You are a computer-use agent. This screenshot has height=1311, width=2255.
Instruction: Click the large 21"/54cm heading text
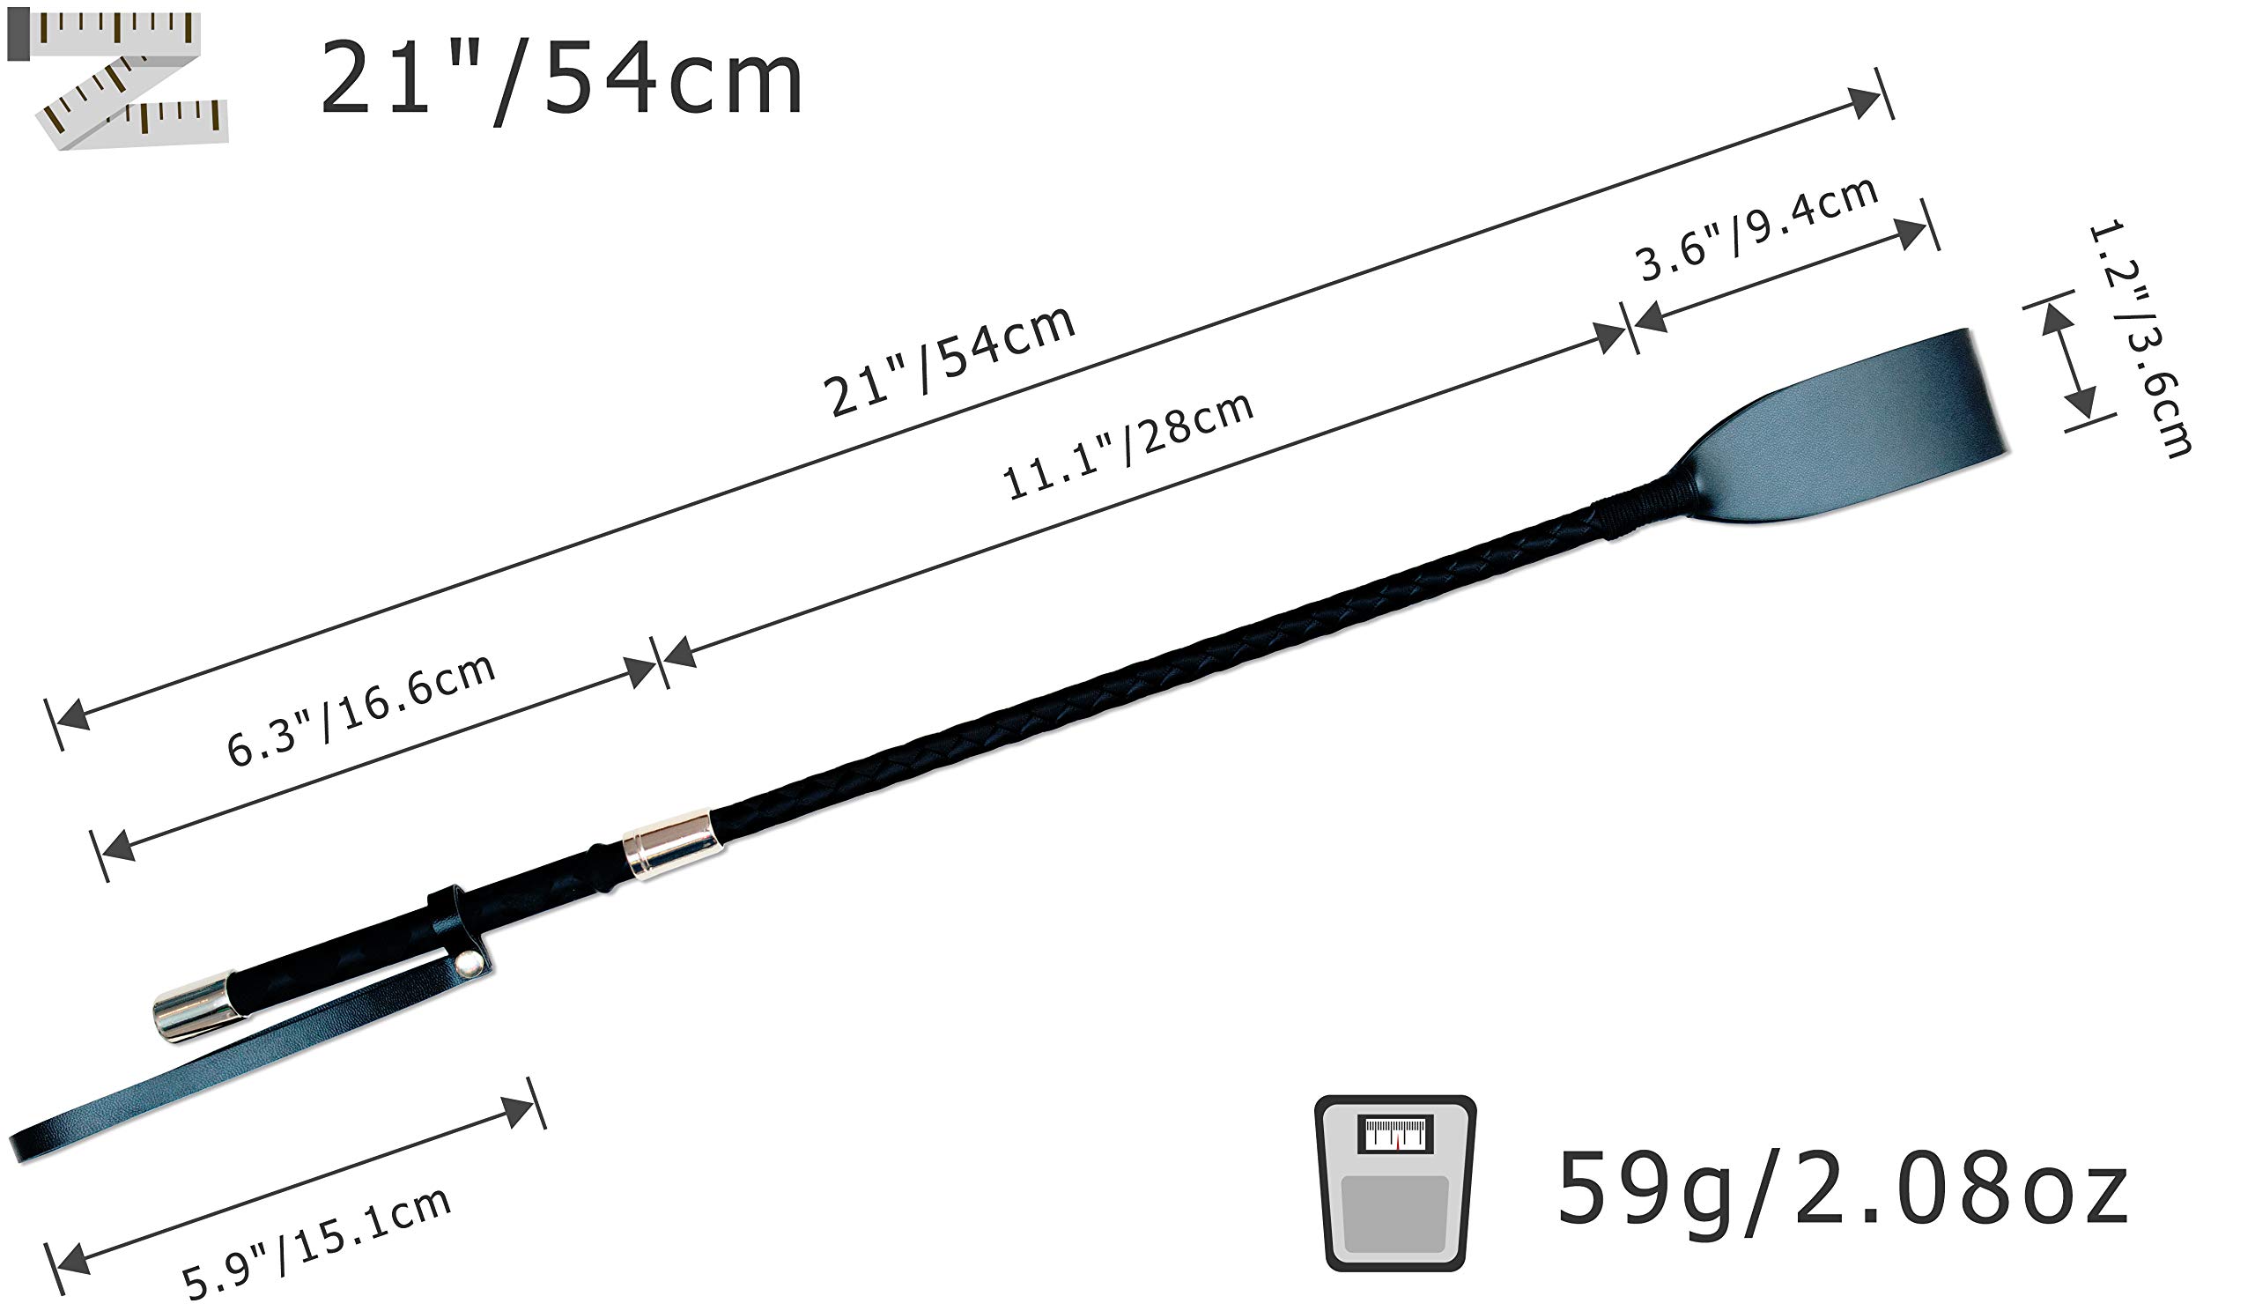point(561,81)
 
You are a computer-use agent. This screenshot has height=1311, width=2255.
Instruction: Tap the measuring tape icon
point(117,78)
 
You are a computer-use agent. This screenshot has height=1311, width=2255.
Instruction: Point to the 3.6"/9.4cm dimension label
point(1756,228)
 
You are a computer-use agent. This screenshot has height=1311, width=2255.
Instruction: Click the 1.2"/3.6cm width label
point(2140,338)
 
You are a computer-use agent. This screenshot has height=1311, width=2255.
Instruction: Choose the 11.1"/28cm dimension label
point(1127,445)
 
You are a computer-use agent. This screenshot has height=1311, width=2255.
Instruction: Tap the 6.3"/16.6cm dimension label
point(360,709)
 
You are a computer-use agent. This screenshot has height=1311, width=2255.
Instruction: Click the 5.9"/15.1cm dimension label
point(316,1244)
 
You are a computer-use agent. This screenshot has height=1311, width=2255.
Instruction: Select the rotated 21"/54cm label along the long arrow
point(949,360)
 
